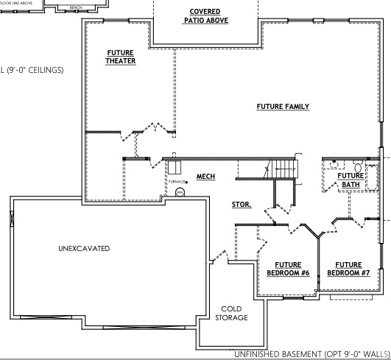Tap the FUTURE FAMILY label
[283, 107]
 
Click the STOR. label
[242, 205]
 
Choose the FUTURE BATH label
[350, 180]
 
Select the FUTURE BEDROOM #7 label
[348, 269]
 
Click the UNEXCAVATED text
[84, 249]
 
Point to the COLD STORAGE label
[231, 314]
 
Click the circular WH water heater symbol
[179, 192]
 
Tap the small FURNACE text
[176, 181]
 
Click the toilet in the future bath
[357, 166]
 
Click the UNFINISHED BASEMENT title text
[311, 354]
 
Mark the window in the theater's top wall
[119, 23]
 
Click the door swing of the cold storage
[217, 258]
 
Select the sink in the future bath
[333, 166]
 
